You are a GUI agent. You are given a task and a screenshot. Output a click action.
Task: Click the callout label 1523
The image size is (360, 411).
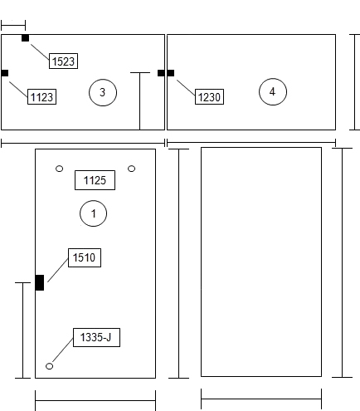pyautogui.click(x=63, y=61)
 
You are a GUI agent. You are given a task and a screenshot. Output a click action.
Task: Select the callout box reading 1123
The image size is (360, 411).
pyautogui.click(x=41, y=96)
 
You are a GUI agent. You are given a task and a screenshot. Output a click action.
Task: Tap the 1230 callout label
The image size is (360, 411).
pyautogui.click(x=209, y=96)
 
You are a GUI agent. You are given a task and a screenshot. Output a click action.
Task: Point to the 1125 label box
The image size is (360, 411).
pyautogui.click(x=95, y=180)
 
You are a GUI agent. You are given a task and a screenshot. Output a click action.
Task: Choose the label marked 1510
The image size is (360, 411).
pyautogui.click(x=85, y=257)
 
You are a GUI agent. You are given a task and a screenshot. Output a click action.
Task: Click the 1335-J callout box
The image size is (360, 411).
pyautogui.click(x=96, y=337)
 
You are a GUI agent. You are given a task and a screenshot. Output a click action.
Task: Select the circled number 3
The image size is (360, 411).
pyautogui.click(x=103, y=92)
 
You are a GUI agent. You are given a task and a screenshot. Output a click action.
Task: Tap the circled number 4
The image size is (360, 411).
pyautogui.click(x=273, y=91)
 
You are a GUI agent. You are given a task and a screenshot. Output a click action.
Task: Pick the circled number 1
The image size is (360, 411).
pyautogui.click(x=93, y=213)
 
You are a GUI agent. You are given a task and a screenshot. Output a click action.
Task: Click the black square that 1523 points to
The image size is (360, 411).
pyautogui.click(x=25, y=38)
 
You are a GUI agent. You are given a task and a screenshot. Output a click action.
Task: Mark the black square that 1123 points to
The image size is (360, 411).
pyautogui.click(x=5, y=73)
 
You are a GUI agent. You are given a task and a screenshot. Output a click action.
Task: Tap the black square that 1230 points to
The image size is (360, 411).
pyautogui.click(x=171, y=73)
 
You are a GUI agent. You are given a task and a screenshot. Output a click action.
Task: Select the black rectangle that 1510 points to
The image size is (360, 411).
pyautogui.click(x=40, y=282)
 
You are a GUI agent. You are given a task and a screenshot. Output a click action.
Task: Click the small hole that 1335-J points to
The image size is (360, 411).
pyautogui.click(x=49, y=366)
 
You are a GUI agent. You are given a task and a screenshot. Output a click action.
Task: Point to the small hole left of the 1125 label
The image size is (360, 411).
pyautogui.click(x=59, y=169)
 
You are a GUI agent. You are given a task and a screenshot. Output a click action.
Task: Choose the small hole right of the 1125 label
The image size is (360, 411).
pyautogui.click(x=131, y=169)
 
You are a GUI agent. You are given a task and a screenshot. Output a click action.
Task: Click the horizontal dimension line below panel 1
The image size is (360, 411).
pyautogui.click(x=95, y=400)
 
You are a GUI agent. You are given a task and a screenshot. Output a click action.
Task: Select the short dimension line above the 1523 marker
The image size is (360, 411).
pyautogui.click(x=13, y=25)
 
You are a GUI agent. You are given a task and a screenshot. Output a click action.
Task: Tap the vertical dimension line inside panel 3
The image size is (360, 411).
pyautogui.click(x=140, y=101)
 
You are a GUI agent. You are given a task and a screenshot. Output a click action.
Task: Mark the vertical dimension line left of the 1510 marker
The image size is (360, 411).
pyautogui.click(x=22, y=330)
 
